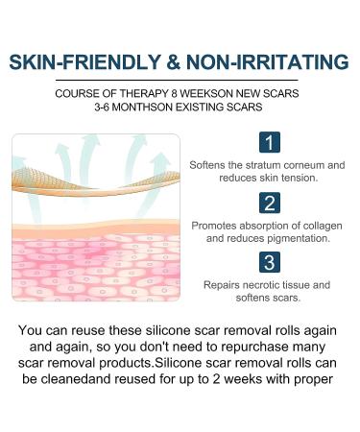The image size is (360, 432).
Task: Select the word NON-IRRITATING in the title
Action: pyautogui.click(x=270, y=63)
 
